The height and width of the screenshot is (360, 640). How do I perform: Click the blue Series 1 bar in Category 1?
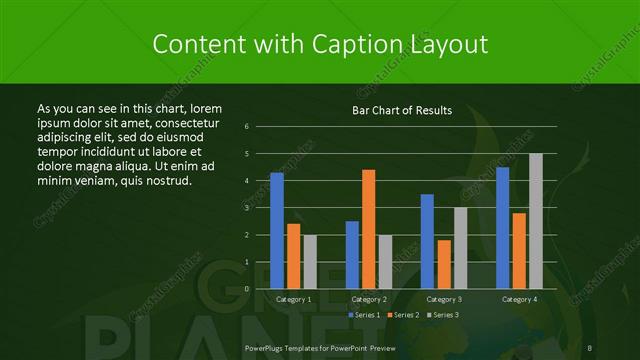point(277,231)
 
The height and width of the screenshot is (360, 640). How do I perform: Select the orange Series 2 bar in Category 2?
point(369,229)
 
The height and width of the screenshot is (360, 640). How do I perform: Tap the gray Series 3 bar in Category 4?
point(536,221)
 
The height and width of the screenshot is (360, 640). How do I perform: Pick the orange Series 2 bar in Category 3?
point(444,264)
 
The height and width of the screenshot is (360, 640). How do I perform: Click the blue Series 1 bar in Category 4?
point(502,228)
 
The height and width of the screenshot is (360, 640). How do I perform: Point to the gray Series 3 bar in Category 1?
point(310,262)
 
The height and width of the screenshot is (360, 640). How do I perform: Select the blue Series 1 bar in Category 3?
point(427,241)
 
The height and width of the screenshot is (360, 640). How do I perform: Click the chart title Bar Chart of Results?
point(403,110)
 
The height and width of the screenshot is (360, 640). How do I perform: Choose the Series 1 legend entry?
point(365,315)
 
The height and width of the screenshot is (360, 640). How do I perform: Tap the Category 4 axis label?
point(518,299)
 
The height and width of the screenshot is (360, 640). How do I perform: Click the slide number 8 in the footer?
point(590,346)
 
